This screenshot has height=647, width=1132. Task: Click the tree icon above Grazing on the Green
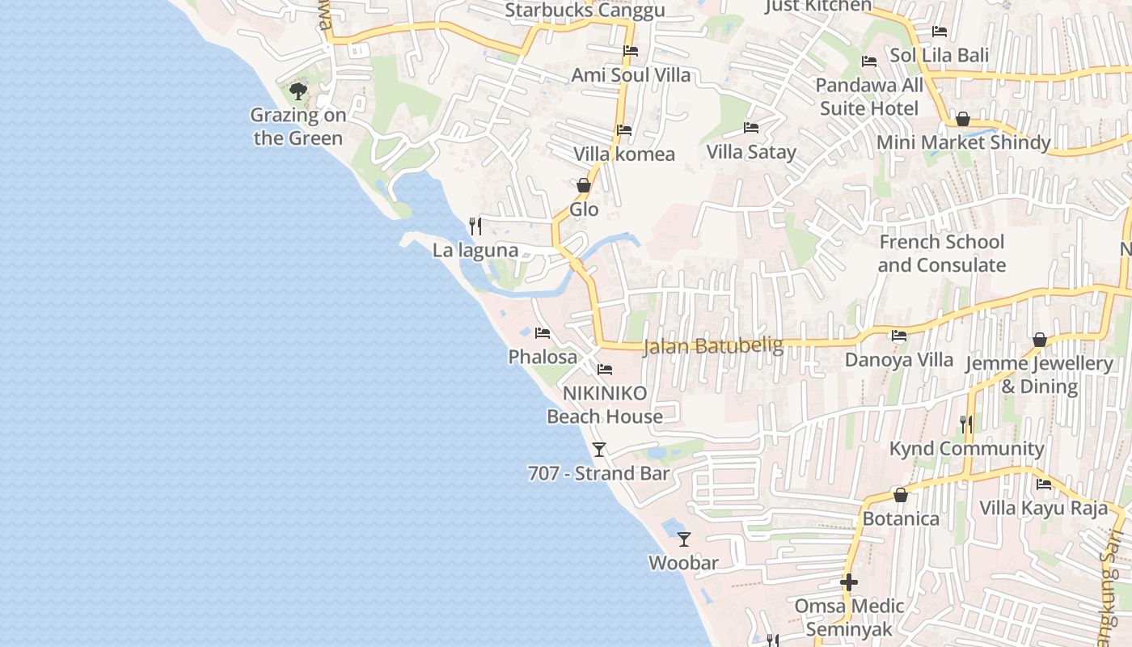298,91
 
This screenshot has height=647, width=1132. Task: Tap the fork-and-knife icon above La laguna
475,226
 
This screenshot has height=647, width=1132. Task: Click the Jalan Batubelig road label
713,346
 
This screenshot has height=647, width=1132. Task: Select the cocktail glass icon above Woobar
684,539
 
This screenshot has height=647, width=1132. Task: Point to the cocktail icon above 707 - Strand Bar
599,449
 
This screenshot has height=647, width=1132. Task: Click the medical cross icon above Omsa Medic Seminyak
848,581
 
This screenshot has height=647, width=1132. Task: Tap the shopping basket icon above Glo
584,185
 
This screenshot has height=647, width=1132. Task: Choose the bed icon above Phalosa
543,332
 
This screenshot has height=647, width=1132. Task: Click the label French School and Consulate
941,253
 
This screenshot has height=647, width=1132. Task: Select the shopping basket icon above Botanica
901,494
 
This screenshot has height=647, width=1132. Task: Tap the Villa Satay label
751,152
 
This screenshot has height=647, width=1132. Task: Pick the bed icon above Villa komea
624,129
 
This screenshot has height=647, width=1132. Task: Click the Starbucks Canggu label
585,11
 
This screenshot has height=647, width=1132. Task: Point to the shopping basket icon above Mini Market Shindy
963,119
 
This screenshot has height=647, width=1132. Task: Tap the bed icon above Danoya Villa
899,336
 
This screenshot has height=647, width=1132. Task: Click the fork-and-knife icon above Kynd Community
966,424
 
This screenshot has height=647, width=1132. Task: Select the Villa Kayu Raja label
1043,509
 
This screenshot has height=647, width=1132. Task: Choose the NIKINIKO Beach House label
605,405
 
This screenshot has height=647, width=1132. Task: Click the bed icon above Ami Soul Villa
631,51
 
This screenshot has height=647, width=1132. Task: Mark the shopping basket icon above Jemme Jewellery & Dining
1040,339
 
